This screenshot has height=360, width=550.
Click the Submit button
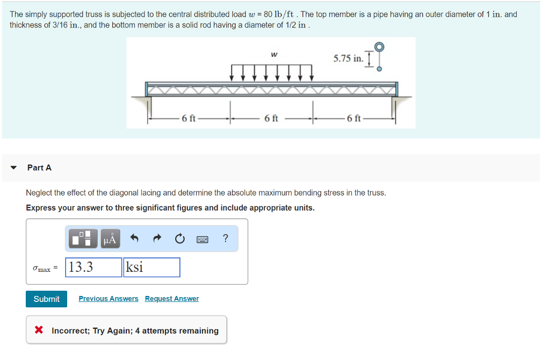[x=46, y=299]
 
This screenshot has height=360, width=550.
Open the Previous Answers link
[x=108, y=299]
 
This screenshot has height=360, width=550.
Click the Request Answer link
[x=172, y=299]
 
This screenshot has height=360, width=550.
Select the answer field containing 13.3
[x=93, y=267]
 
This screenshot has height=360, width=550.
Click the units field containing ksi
[x=151, y=267]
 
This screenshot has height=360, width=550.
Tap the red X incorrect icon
[x=39, y=330]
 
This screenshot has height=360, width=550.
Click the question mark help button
[x=225, y=239]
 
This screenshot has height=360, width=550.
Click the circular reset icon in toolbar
[x=179, y=239]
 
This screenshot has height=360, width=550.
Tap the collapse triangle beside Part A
[x=14, y=168]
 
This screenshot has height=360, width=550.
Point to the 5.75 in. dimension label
[x=348, y=58]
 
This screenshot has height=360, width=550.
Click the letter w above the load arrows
[x=274, y=54]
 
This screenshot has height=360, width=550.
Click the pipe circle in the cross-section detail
[x=380, y=47]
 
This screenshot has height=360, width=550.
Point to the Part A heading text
[x=39, y=168]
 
